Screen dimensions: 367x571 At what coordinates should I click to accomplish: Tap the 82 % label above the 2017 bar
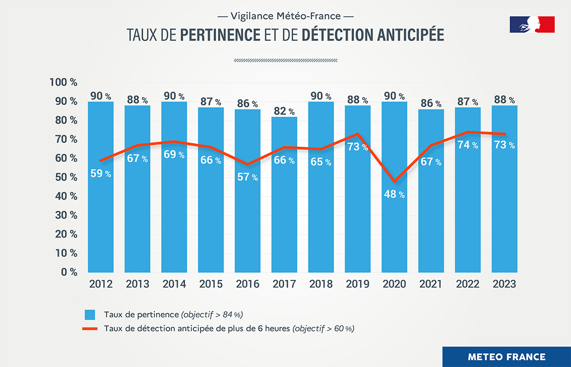[285, 111]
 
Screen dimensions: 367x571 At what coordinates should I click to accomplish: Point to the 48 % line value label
[394, 194]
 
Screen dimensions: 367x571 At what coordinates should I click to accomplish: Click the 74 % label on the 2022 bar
[468, 145]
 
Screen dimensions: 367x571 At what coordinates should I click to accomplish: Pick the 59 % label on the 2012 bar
[101, 174]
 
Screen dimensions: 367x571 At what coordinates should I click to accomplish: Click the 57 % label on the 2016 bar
[247, 177]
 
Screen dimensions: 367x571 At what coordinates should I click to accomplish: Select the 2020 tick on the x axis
[394, 284]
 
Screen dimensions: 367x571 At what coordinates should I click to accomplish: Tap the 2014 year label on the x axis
[174, 284]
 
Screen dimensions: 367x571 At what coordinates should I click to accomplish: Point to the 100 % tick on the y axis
[63, 82]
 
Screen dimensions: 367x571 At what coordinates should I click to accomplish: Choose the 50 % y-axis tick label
[65, 177]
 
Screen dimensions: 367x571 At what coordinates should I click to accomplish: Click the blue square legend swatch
[90, 315]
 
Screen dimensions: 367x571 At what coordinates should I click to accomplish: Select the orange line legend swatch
[90, 328]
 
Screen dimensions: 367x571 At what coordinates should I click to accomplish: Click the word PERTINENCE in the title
[220, 36]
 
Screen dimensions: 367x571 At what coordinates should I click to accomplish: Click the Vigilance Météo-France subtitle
[285, 16]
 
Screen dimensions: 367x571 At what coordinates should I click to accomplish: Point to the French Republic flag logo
[532, 24]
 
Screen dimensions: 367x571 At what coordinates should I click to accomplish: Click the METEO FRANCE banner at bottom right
[506, 357]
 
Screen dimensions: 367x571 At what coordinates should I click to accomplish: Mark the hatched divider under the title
[285, 60]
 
